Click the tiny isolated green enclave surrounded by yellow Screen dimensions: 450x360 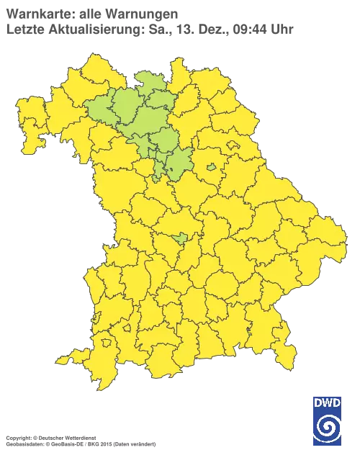[211, 168]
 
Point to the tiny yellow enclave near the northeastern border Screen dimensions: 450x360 [234, 145]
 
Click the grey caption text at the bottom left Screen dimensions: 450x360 [79, 437]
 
